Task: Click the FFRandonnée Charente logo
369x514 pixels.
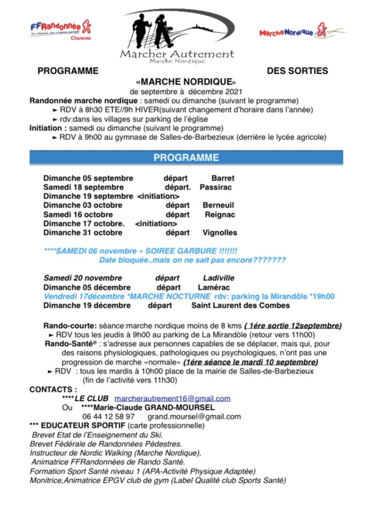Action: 60,30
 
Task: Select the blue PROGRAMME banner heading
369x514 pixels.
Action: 186,158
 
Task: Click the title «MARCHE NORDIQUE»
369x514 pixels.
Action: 186,81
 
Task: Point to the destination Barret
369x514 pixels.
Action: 223,178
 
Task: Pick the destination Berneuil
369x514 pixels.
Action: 218,205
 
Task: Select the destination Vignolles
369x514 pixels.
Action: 220,232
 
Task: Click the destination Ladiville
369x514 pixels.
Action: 219,278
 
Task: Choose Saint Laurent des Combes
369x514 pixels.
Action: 241,305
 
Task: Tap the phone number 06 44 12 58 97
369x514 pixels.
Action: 109,417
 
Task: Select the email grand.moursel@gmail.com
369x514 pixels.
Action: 194,417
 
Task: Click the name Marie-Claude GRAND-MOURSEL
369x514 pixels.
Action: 144,408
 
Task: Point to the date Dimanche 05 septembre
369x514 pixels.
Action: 88,178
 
